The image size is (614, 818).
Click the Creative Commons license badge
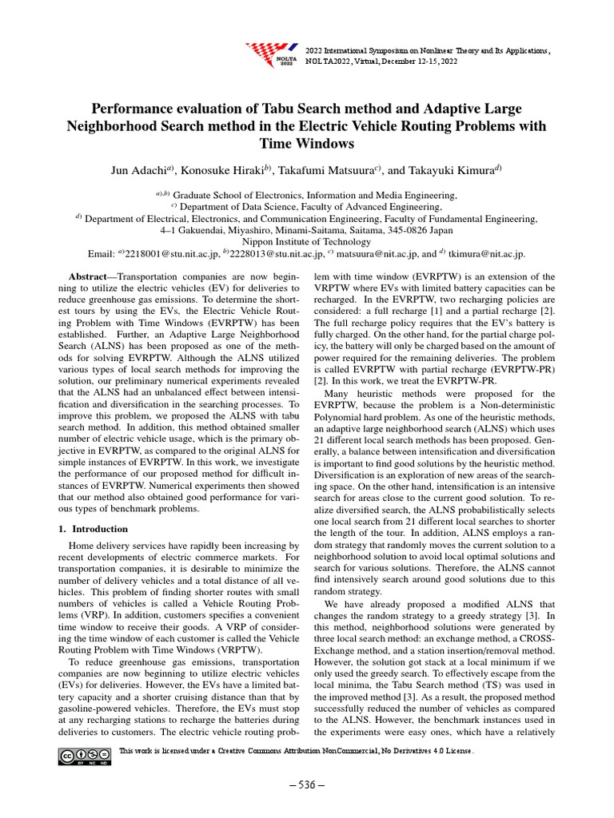tap(84, 756)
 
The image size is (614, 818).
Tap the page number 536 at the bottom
tap(306, 784)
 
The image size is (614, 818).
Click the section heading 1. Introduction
tap(94, 529)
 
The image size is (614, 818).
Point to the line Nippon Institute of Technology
tap(306, 242)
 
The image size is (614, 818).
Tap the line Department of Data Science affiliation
tap(306, 206)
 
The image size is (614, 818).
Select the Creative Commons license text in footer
tap(296, 752)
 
